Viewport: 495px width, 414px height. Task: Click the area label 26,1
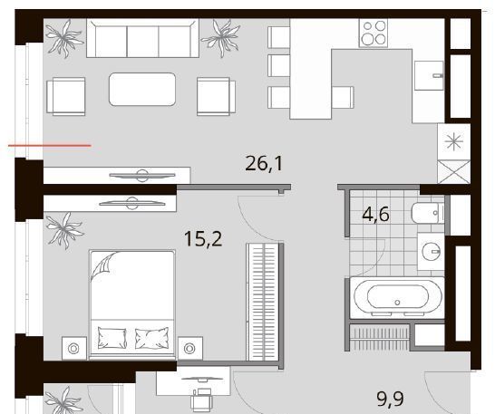click(x=264, y=164)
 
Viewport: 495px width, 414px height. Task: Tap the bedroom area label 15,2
click(x=203, y=238)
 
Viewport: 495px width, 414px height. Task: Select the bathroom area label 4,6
click(x=376, y=215)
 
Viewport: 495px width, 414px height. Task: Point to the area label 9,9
click(x=391, y=399)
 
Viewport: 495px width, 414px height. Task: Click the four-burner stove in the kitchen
click(x=374, y=34)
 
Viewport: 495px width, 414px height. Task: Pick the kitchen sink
click(x=429, y=75)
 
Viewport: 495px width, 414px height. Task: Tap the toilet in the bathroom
click(x=428, y=213)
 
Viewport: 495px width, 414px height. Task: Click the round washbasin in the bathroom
click(x=431, y=252)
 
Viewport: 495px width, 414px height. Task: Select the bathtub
click(x=397, y=297)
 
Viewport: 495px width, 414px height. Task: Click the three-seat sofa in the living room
click(x=142, y=38)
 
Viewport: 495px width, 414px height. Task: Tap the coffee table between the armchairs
click(x=142, y=89)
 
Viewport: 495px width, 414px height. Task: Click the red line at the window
click(x=50, y=146)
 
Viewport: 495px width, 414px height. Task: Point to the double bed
click(x=132, y=304)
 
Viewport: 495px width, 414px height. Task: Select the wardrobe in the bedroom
click(x=263, y=302)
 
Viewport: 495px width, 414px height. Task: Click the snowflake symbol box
click(x=453, y=141)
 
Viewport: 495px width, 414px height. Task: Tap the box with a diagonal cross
click(x=454, y=171)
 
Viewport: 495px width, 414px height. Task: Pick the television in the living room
click(x=142, y=176)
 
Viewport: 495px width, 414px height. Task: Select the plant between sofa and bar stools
click(x=221, y=38)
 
